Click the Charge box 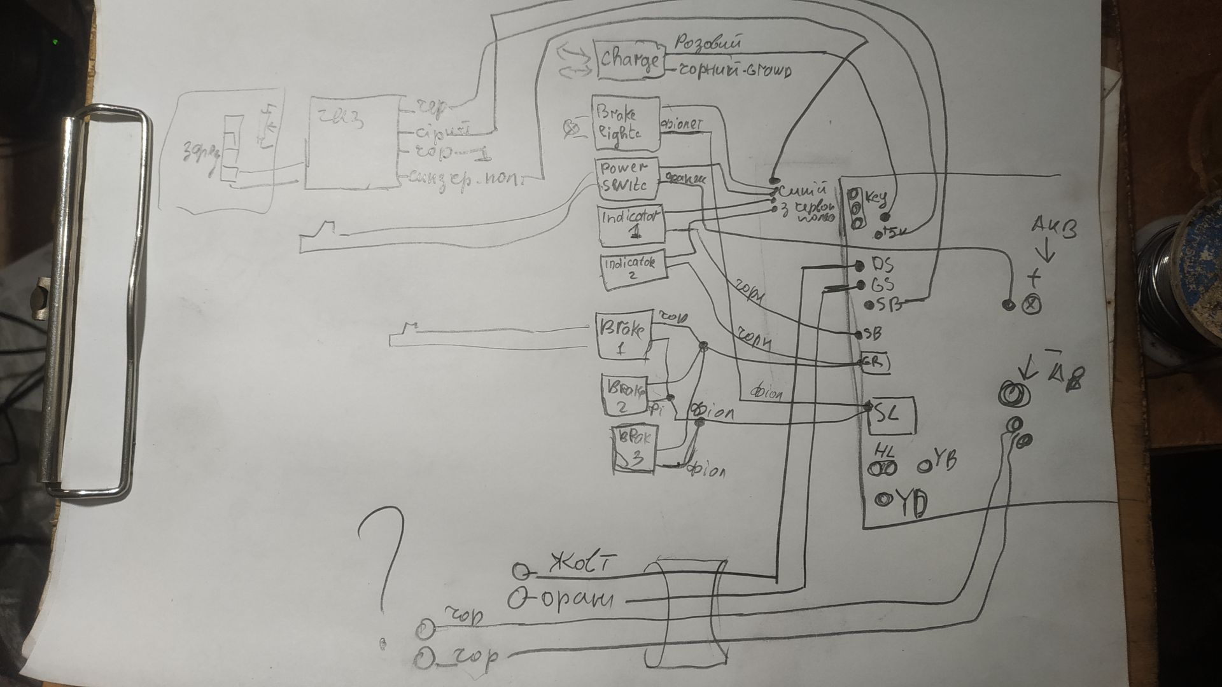pyautogui.click(x=629, y=60)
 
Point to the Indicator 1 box pyautogui.click(x=630, y=225)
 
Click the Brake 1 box pyautogui.click(x=622, y=336)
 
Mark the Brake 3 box pyautogui.click(x=634, y=448)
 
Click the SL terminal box pyautogui.click(x=891, y=415)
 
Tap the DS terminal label pyautogui.click(x=881, y=265)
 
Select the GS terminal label pyautogui.click(x=881, y=284)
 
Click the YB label pyautogui.click(x=943, y=463)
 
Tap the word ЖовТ pyautogui.click(x=582, y=564)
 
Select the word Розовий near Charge pyautogui.click(x=708, y=43)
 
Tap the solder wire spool pyautogui.click(x=1184, y=280)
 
